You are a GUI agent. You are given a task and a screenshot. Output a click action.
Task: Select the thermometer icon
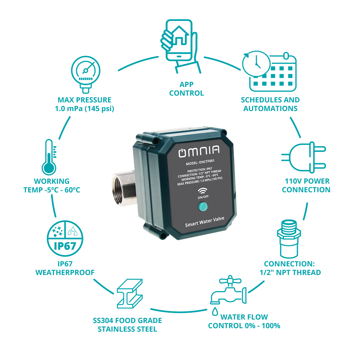tap(49, 157)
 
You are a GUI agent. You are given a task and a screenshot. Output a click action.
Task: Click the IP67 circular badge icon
tap(65, 238)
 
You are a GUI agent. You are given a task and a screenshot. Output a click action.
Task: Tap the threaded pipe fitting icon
tap(289, 239)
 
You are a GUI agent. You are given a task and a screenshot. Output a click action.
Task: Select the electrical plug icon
tap(304, 157)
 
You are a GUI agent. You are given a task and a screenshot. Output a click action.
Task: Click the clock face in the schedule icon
tap(256, 64)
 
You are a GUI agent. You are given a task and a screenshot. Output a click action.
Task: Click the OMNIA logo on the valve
tap(199, 151)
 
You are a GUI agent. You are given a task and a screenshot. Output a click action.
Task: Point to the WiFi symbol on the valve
tap(202, 191)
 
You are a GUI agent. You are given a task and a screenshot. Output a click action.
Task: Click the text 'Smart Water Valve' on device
tap(205, 222)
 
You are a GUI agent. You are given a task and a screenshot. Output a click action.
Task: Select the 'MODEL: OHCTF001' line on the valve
tap(200, 162)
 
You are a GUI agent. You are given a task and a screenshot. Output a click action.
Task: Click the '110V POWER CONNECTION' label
tap(306, 185)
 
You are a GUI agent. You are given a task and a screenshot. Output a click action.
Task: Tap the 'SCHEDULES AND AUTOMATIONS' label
tap(270, 104)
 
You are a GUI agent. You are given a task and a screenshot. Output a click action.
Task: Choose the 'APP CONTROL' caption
tap(186, 89)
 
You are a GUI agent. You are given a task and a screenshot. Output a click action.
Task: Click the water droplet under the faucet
tap(215, 311)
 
